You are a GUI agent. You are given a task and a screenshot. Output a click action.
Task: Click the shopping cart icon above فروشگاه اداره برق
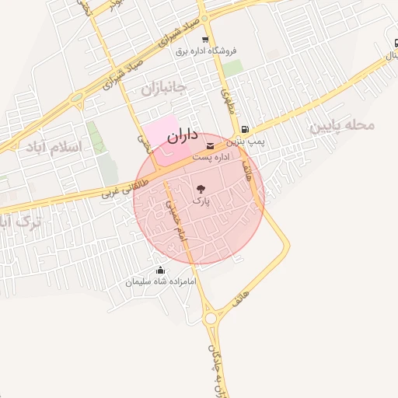205,40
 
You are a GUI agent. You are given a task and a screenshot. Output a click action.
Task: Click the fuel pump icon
246,130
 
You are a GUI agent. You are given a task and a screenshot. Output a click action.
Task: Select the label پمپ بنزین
246,142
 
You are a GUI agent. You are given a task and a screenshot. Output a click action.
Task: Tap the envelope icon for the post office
211,145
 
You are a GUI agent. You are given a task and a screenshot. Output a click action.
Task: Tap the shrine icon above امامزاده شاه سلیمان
160,270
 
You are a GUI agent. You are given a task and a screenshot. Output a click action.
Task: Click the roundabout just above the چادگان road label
211,317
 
